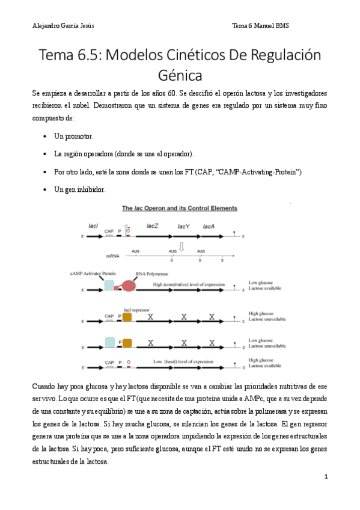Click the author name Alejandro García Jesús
(63, 25)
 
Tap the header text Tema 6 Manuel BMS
(260, 25)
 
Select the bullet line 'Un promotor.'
(73, 137)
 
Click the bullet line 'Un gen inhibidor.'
(79, 189)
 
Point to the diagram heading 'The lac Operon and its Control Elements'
(180, 209)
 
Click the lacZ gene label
(153, 226)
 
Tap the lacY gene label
(183, 226)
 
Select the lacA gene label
(209, 226)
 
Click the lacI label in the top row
(93, 226)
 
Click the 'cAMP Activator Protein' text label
(93, 273)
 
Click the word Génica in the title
(180, 76)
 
